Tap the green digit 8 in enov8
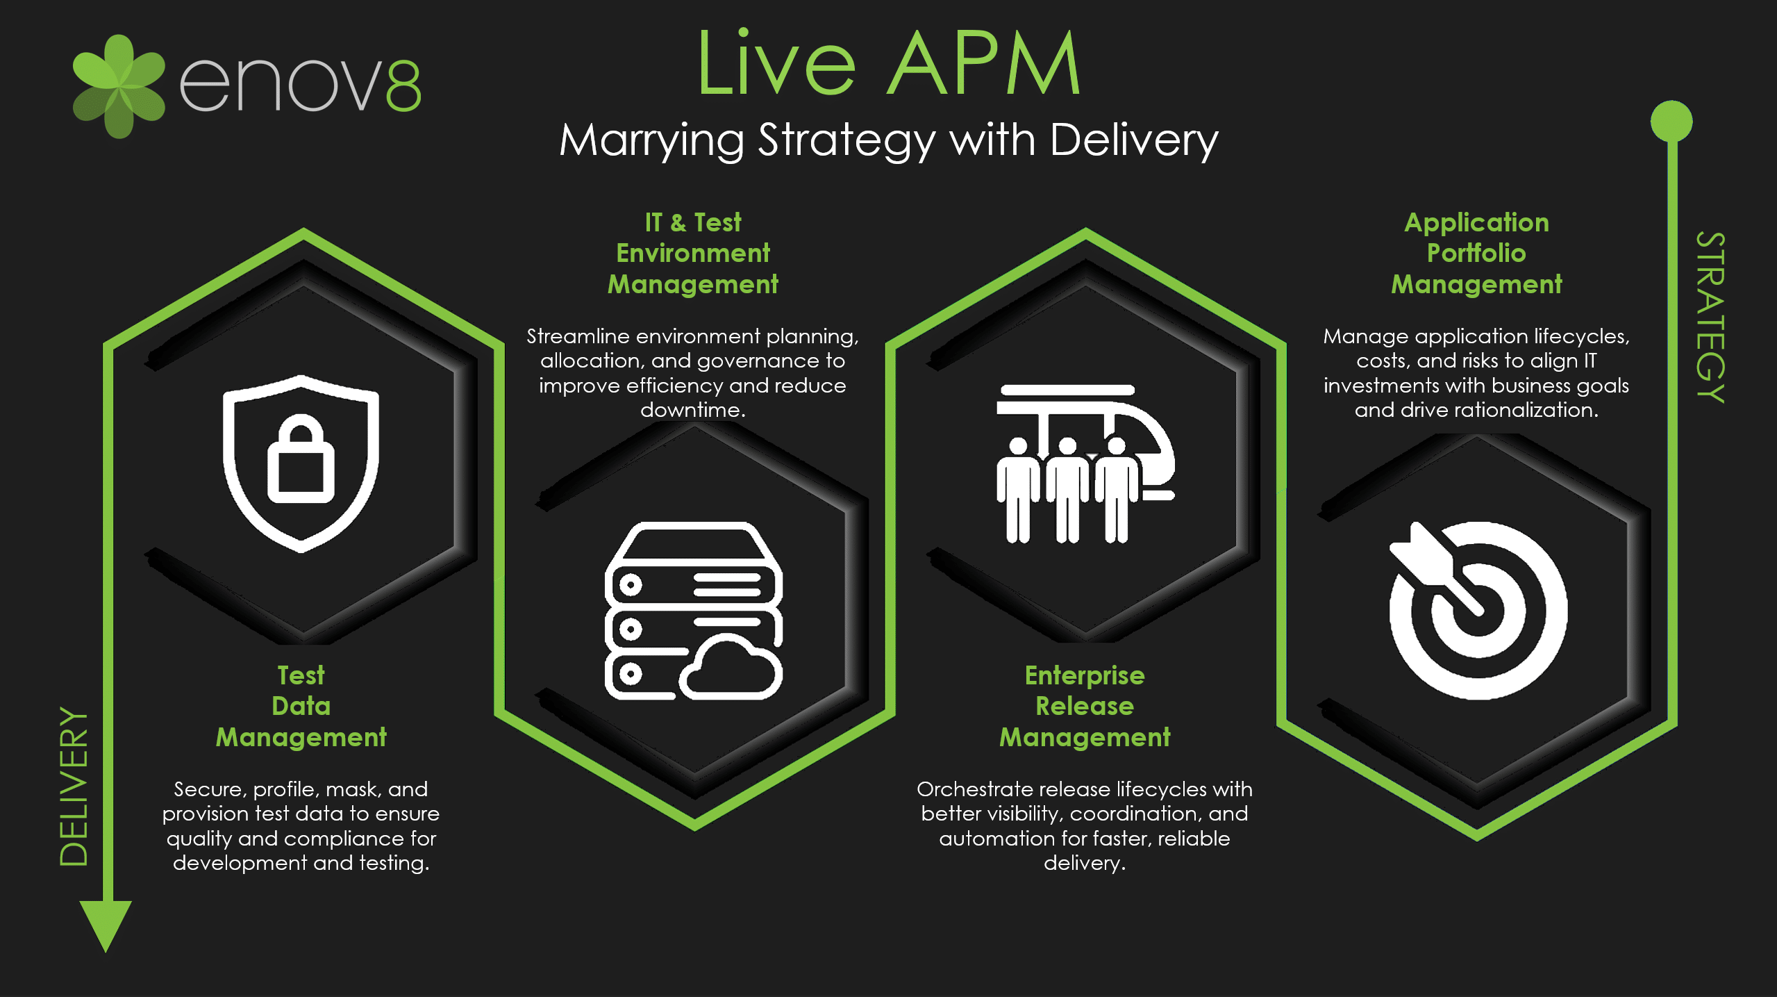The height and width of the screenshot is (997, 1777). [403, 85]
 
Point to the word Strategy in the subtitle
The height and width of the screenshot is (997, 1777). [846, 141]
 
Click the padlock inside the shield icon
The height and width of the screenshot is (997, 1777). [301, 461]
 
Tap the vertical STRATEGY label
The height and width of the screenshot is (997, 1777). [1710, 317]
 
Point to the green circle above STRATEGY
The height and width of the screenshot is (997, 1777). [1671, 121]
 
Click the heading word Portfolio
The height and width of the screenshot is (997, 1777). [1476, 254]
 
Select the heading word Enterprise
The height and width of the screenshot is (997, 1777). [1085, 675]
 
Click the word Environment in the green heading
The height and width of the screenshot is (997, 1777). [693, 254]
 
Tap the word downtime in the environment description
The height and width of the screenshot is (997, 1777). [692, 410]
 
